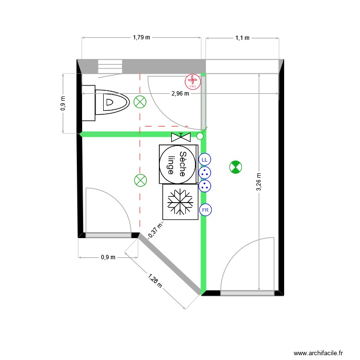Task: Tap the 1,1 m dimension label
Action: pos(242,37)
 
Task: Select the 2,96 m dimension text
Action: pos(180,94)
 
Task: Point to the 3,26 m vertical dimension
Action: pos(259,182)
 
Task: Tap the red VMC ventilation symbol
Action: pos(192,82)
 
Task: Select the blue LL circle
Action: pos(204,159)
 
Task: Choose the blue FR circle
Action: pos(205,210)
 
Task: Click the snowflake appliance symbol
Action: pos(180,202)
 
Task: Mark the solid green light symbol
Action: pos(235,167)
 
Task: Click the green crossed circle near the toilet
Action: pos(140,102)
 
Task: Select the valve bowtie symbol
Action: pos(180,137)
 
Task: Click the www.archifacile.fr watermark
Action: pos(318,353)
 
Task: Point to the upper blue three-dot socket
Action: pos(204,173)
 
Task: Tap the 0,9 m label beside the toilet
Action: pos(63,103)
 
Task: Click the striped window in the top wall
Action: pos(110,66)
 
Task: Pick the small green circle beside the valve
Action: pos(200,136)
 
